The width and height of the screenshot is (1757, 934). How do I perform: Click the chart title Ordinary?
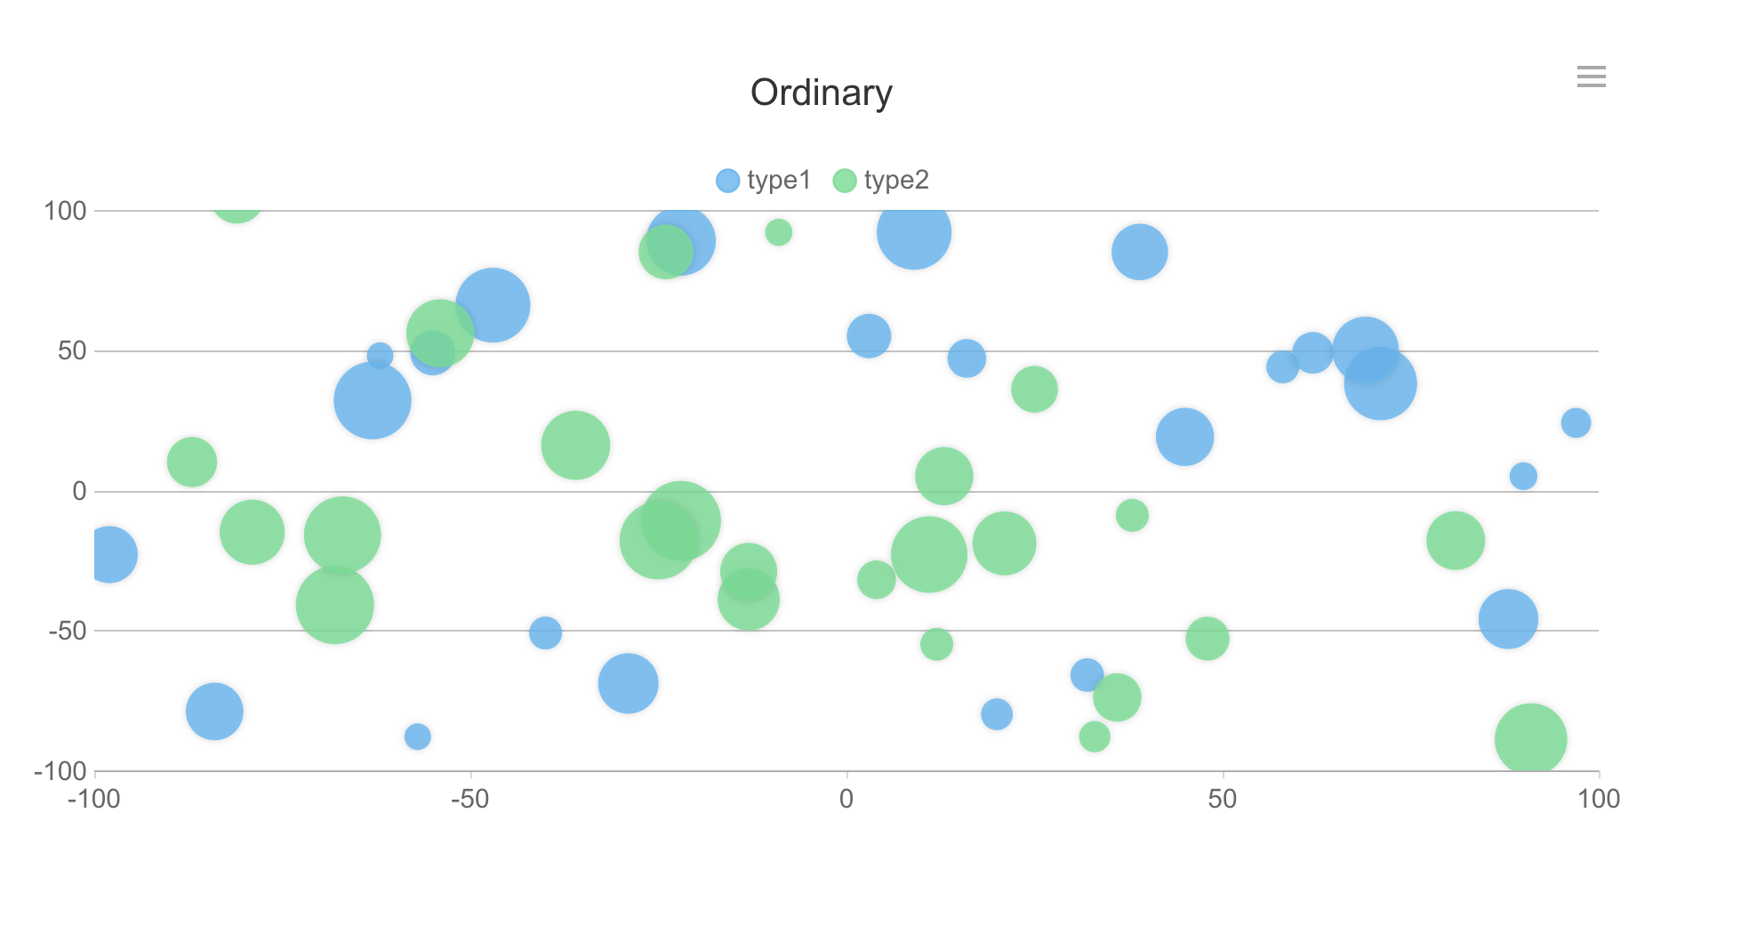(x=821, y=93)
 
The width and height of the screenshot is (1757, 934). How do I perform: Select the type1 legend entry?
(x=764, y=181)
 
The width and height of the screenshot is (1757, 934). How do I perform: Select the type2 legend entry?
(x=881, y=181)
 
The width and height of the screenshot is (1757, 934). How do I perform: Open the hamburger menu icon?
(x=1591, y=76)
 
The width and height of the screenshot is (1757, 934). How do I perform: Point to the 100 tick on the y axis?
(x=66, y=211)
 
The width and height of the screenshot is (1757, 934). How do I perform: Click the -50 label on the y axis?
(x=68, y=631)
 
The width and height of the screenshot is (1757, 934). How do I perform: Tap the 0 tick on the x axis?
(x=846, y=799)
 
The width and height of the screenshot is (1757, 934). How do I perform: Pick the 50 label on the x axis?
(x=1223, y=799)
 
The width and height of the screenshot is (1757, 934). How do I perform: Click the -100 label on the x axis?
(x=94, y=799)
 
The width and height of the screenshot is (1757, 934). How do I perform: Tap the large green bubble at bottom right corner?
(x=1530, y=738)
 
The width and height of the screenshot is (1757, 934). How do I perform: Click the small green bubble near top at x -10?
(x=778, y=232)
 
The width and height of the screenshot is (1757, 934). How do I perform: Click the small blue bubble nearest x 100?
(x=1575, y=423)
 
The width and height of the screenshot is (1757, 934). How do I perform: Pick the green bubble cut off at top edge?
(x=237, y=206)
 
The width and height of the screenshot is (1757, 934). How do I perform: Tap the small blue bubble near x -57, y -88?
(x=417, y=737)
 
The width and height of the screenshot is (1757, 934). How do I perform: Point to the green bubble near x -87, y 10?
(x=191, y=462)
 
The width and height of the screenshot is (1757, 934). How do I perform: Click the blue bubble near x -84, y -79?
(x=214, y=711)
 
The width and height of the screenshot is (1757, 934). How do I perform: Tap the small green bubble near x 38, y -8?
(x=1132, y=515)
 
